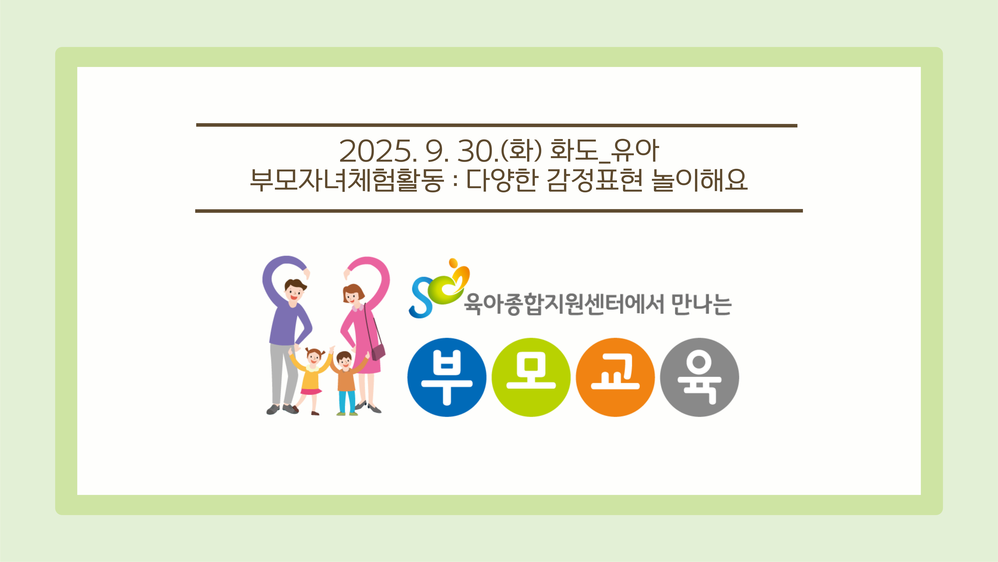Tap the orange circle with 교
(x=615, y=377)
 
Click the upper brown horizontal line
(x=497, y=125)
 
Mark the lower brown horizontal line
(x=499, y=211)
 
